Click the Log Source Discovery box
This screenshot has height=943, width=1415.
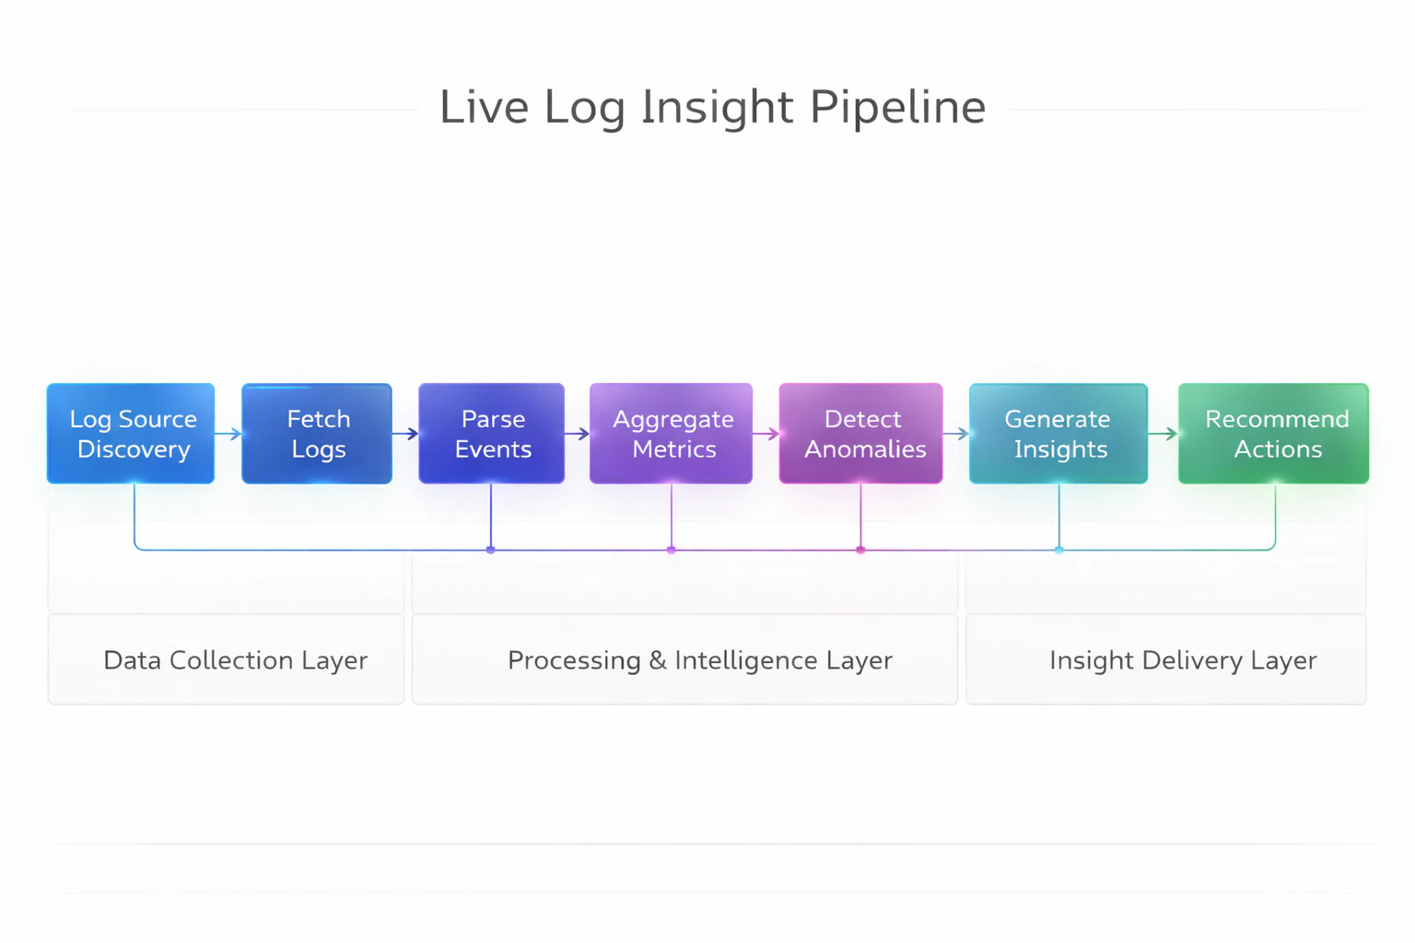click(131, 434)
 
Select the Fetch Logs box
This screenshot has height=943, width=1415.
click(317, 434)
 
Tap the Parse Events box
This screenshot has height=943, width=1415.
click(492, 434)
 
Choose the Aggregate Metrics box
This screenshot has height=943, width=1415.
click(672, 434)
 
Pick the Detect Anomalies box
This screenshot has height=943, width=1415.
click(861, 434)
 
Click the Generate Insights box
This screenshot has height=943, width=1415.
click(1058, 434)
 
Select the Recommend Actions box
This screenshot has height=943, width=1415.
click(1274, 434)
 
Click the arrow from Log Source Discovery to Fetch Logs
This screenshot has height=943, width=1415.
click(228, 434)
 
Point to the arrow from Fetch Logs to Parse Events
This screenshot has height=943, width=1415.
click(405, 434)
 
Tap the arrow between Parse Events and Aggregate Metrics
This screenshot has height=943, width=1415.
click(578, 434)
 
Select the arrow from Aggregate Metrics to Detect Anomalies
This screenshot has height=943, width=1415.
click(766, 434)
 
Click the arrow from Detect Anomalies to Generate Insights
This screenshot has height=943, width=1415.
click(956, 434)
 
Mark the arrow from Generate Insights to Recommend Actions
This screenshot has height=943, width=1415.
click(1164, 434)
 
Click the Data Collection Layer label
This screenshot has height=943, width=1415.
click(235, 660)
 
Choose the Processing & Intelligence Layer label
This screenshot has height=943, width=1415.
click(700, 660)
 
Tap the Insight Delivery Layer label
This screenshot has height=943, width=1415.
click(1183, 660)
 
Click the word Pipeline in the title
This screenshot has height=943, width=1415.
click(898, 108)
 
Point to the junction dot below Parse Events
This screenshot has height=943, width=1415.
click(491, 550)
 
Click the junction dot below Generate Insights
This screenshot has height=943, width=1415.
click(1059, 550)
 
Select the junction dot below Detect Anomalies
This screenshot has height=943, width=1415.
click(860, 550)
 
